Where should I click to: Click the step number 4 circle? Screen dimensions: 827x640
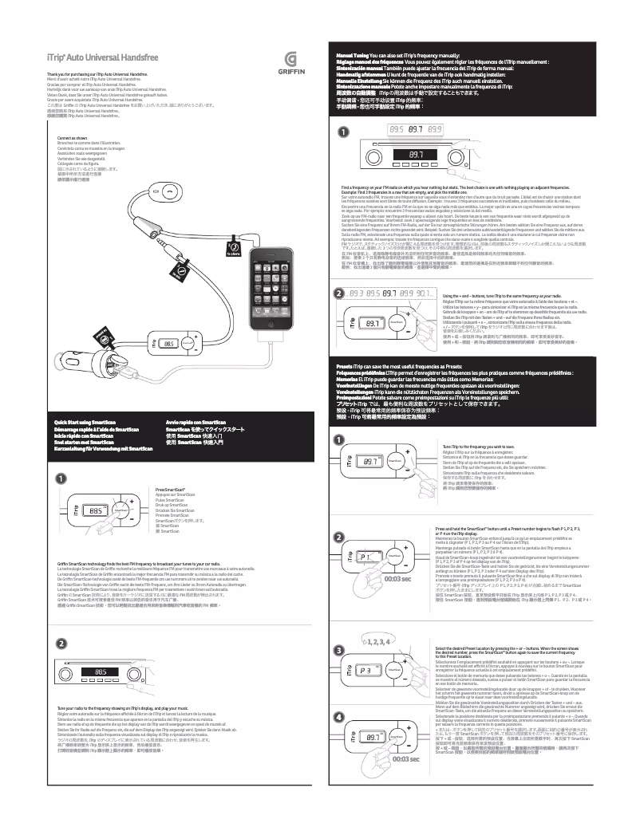[x=339, y=718]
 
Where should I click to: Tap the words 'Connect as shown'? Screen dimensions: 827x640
[x=64, y=138]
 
